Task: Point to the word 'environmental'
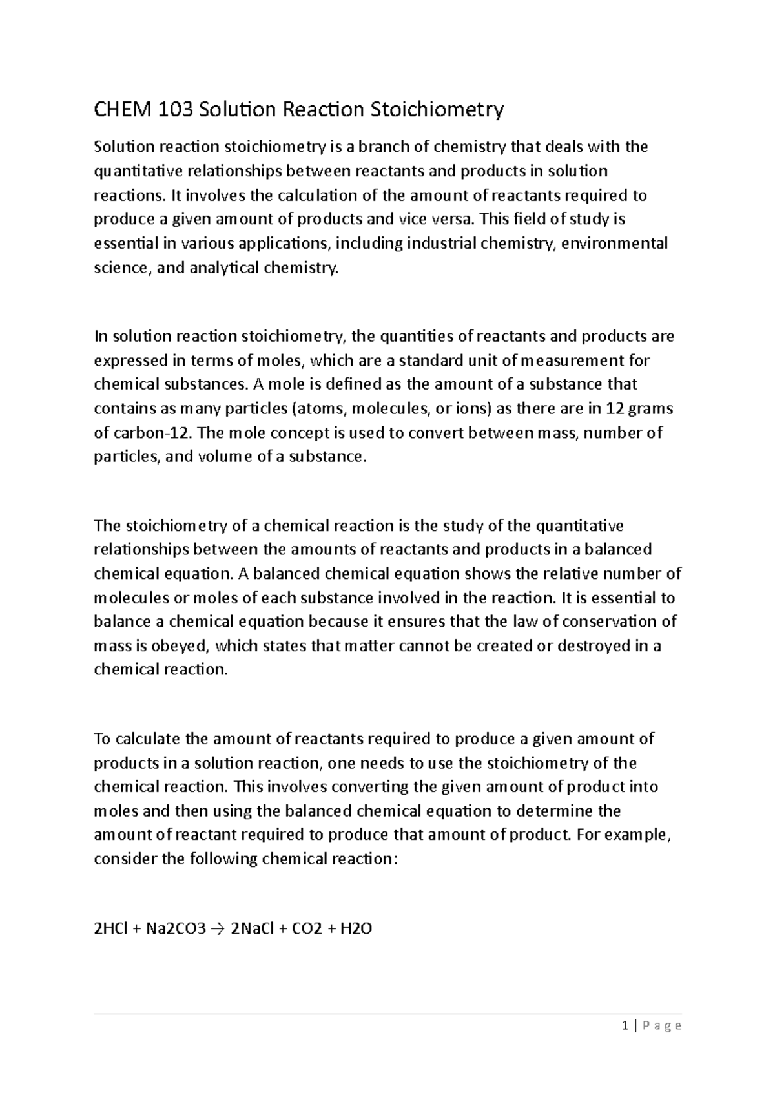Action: [614, 244]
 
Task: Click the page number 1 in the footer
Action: [625, 1025]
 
